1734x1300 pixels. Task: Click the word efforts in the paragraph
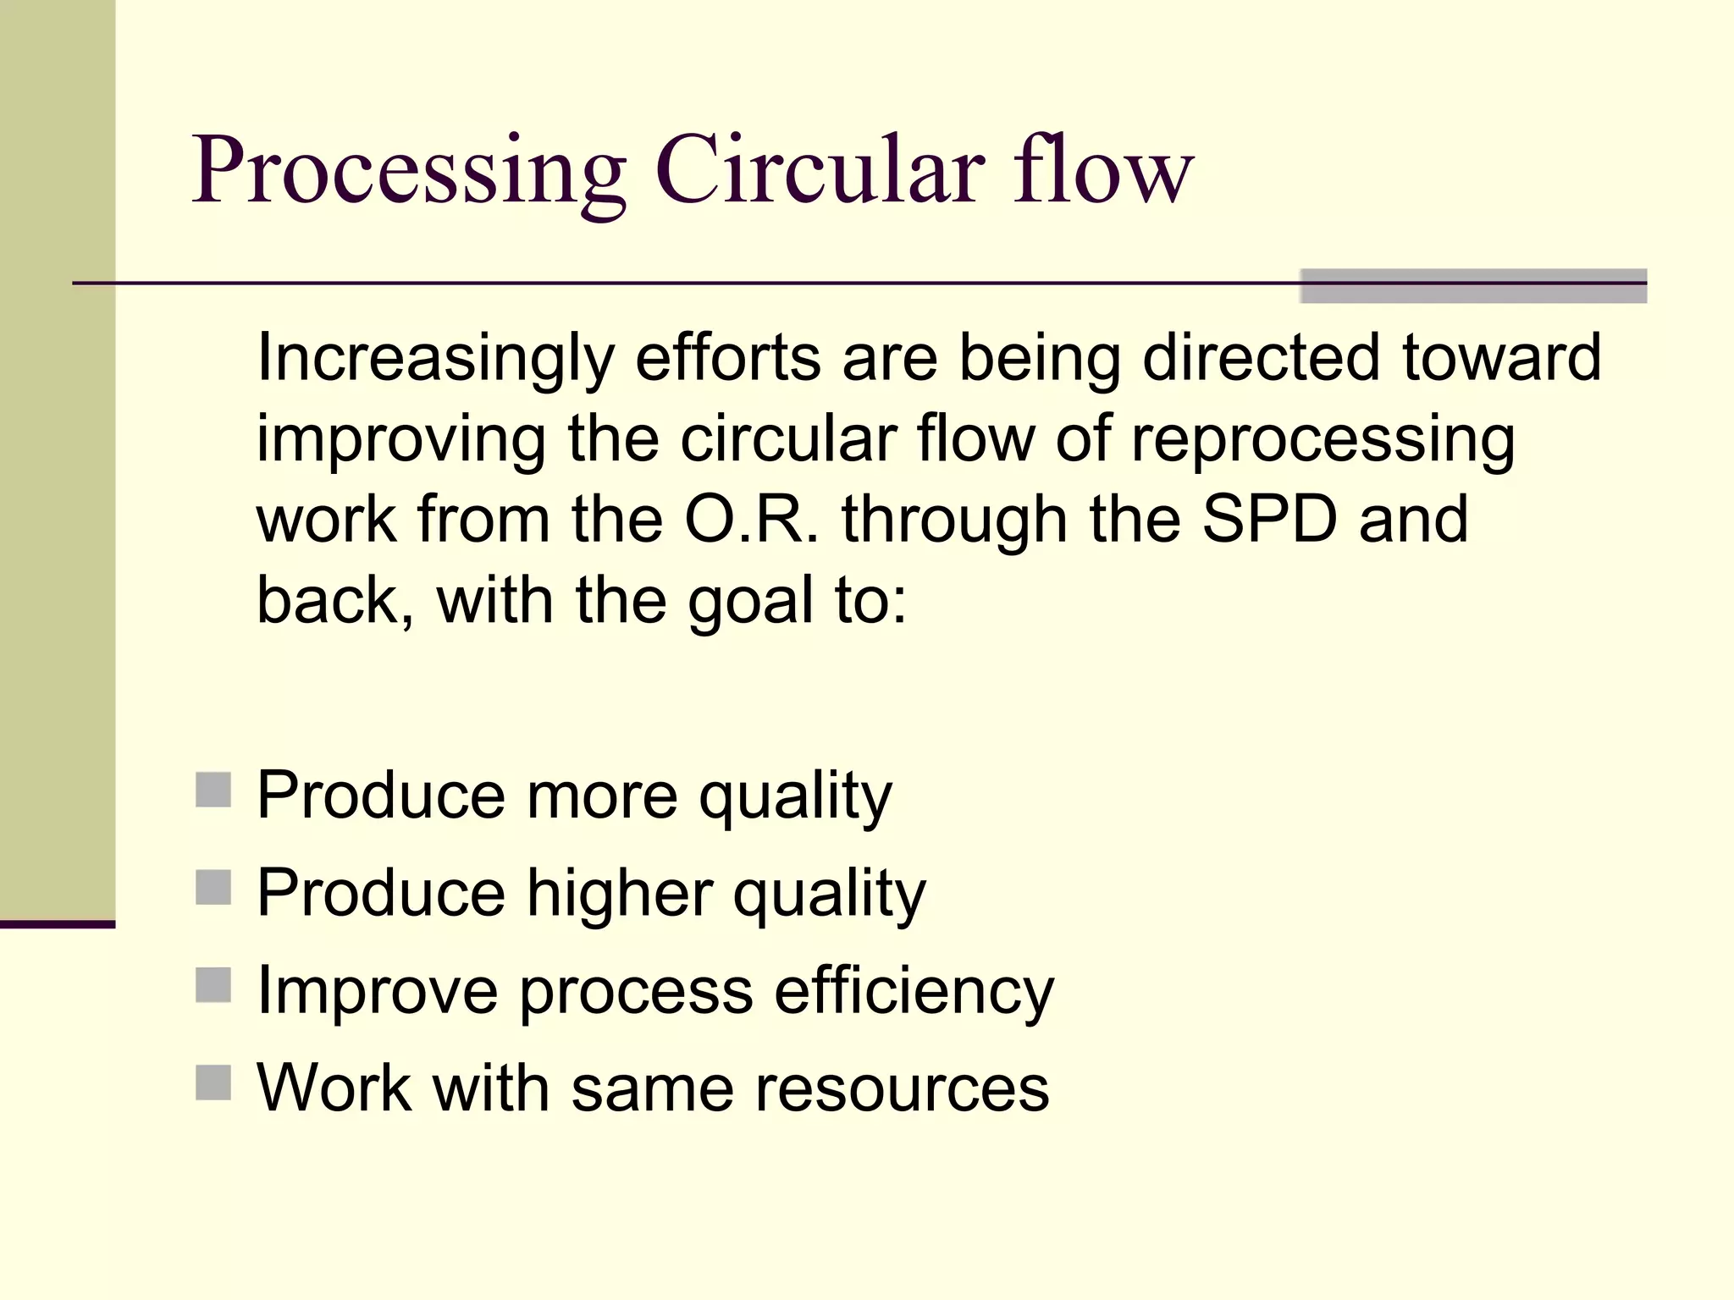(727, 357)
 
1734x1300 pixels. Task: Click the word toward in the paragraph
(1501, 357)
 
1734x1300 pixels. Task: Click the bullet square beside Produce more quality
(213, 790)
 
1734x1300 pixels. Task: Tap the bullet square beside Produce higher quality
(213, 888)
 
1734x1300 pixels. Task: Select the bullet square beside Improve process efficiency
(213, 985)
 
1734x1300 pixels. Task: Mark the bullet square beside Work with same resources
(213, 1082)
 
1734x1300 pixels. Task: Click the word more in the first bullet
(602, 796)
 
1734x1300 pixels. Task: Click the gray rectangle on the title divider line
(1473, 286)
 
